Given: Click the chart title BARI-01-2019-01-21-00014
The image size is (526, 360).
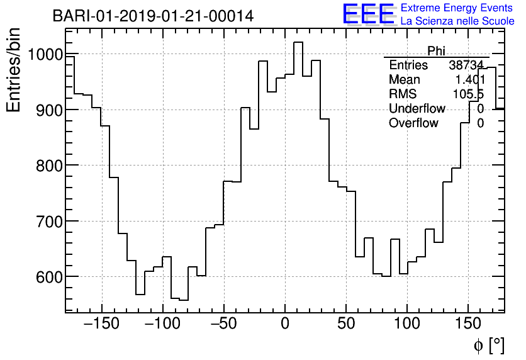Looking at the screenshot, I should (153, 16).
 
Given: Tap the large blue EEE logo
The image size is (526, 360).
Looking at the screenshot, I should (368, 14).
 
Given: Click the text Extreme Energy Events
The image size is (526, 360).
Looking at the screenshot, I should (457, 8).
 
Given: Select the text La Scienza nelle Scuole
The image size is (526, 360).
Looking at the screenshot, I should (457, 21).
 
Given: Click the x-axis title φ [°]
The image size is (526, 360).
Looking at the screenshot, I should (489, 345).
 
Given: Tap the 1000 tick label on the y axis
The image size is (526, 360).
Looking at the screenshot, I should (36, 55).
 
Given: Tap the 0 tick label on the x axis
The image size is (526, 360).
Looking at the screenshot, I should (285, 325).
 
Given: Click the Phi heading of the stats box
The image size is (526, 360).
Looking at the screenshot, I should (436, 50).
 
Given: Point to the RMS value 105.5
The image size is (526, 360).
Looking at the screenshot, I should (468, 94).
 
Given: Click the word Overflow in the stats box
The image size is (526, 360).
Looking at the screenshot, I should (413, 123).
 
